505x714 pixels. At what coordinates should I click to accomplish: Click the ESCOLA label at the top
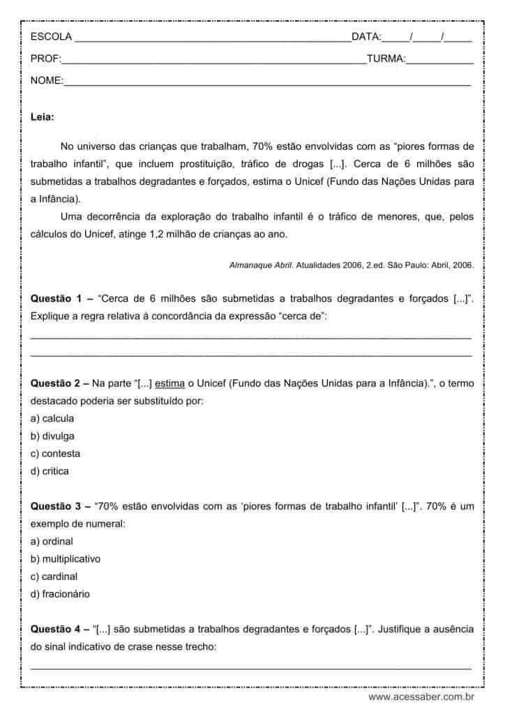[51, 37]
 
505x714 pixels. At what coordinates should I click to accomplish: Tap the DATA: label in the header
[366, 37]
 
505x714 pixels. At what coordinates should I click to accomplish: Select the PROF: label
[46, 59]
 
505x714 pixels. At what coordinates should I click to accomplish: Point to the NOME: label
[47, 82]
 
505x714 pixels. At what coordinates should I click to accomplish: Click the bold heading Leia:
[43, 118]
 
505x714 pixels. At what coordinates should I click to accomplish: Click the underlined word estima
[170, 383]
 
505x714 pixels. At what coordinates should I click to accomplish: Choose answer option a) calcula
[52, 419]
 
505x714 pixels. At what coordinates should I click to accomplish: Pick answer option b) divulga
[52, 436]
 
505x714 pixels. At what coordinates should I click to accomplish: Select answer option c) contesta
[55, 454]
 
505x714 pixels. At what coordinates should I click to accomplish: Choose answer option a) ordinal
[52, 542]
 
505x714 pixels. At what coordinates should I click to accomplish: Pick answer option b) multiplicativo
[66, 559]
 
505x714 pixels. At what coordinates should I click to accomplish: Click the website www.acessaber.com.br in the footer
[421, 697]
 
